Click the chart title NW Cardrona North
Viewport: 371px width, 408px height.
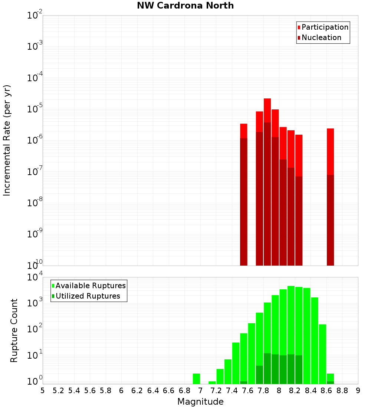pyautogui.click(x=185, y=6)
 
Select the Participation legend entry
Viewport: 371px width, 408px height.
pyautogui.click(x=323, y=27)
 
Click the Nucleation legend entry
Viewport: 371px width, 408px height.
pyautogui.click(x=319, y=37)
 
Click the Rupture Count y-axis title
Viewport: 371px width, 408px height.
pyautogui.click(x=14, y=330)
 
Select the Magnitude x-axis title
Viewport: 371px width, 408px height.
pyautogui.click(x=200, y=402)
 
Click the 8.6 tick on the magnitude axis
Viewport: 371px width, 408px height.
pyautogui.click(x=326, y=391)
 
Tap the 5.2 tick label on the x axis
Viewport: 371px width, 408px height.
pyautogui.click(x=59, y=391)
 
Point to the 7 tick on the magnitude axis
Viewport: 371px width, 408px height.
pyautogui.click(x=200, y=391)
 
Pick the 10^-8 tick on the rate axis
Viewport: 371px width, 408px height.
pyautogui.click(x=34, y=203)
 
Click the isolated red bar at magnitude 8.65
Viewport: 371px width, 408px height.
pyautogui.click(x=330, y=148)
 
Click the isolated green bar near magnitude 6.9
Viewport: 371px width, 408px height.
pyautogui.click(x=196, y=378)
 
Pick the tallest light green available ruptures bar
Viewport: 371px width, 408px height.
pyautogui.click(x=291, y=334)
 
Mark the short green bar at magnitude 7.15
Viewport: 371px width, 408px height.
pyautogui.click(x=212, y=382)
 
